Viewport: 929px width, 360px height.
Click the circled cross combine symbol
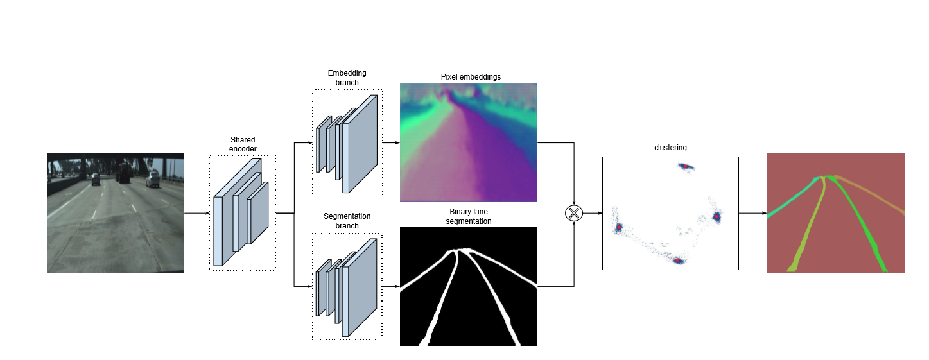click(573, 213)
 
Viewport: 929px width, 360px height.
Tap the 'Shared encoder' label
click(242, 144)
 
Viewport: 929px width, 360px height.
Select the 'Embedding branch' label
click(347, 78)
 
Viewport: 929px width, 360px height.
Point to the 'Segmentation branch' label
click(347, 221)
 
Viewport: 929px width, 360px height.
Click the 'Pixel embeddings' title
click(471, 77)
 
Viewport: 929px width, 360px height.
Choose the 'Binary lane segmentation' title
click(469, 216)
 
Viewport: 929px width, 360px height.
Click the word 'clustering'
click(670, 148)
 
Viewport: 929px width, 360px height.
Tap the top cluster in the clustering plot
click(686, 166)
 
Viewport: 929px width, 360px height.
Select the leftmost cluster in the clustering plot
click(619, 227)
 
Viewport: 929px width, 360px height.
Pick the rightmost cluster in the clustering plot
click(716, 218)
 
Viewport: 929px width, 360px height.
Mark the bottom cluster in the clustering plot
click(677, 261)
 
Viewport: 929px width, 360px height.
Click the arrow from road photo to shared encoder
click(196, 213)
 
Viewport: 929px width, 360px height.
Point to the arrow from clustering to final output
click(752, 213)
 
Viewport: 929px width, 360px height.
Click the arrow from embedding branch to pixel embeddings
click(390, 142)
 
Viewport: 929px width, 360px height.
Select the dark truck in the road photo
click(123, 172)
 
